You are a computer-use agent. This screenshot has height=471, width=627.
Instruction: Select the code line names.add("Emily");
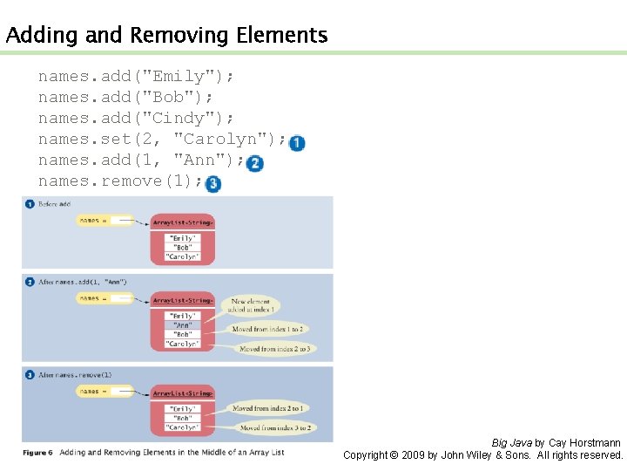click(x=136, y=77)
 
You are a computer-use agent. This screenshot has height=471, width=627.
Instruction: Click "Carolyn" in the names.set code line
click(x=216, y=140)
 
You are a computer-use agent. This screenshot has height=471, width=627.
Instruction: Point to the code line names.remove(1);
click(x=120, y=181)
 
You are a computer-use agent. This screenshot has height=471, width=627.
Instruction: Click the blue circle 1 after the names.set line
click(x=297, y=143)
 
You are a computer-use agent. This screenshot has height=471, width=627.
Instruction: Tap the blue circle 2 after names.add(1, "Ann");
click(x=254, y=163)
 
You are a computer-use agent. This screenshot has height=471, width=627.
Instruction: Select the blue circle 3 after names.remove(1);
click(x=212, y=184)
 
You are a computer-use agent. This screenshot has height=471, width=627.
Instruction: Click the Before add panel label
click(x=54, y=204)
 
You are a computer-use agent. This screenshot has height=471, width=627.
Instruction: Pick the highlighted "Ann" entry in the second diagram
click(x=183, y=325)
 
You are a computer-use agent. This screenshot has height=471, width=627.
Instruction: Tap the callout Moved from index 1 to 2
click(x=267, y=329)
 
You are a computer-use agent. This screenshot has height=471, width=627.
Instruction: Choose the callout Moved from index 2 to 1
click(x=267, y=408)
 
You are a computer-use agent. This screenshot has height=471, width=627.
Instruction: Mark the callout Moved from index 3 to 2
click(x=274, y=428)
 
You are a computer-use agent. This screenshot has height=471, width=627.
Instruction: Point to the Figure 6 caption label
click(x=37, y=453)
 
